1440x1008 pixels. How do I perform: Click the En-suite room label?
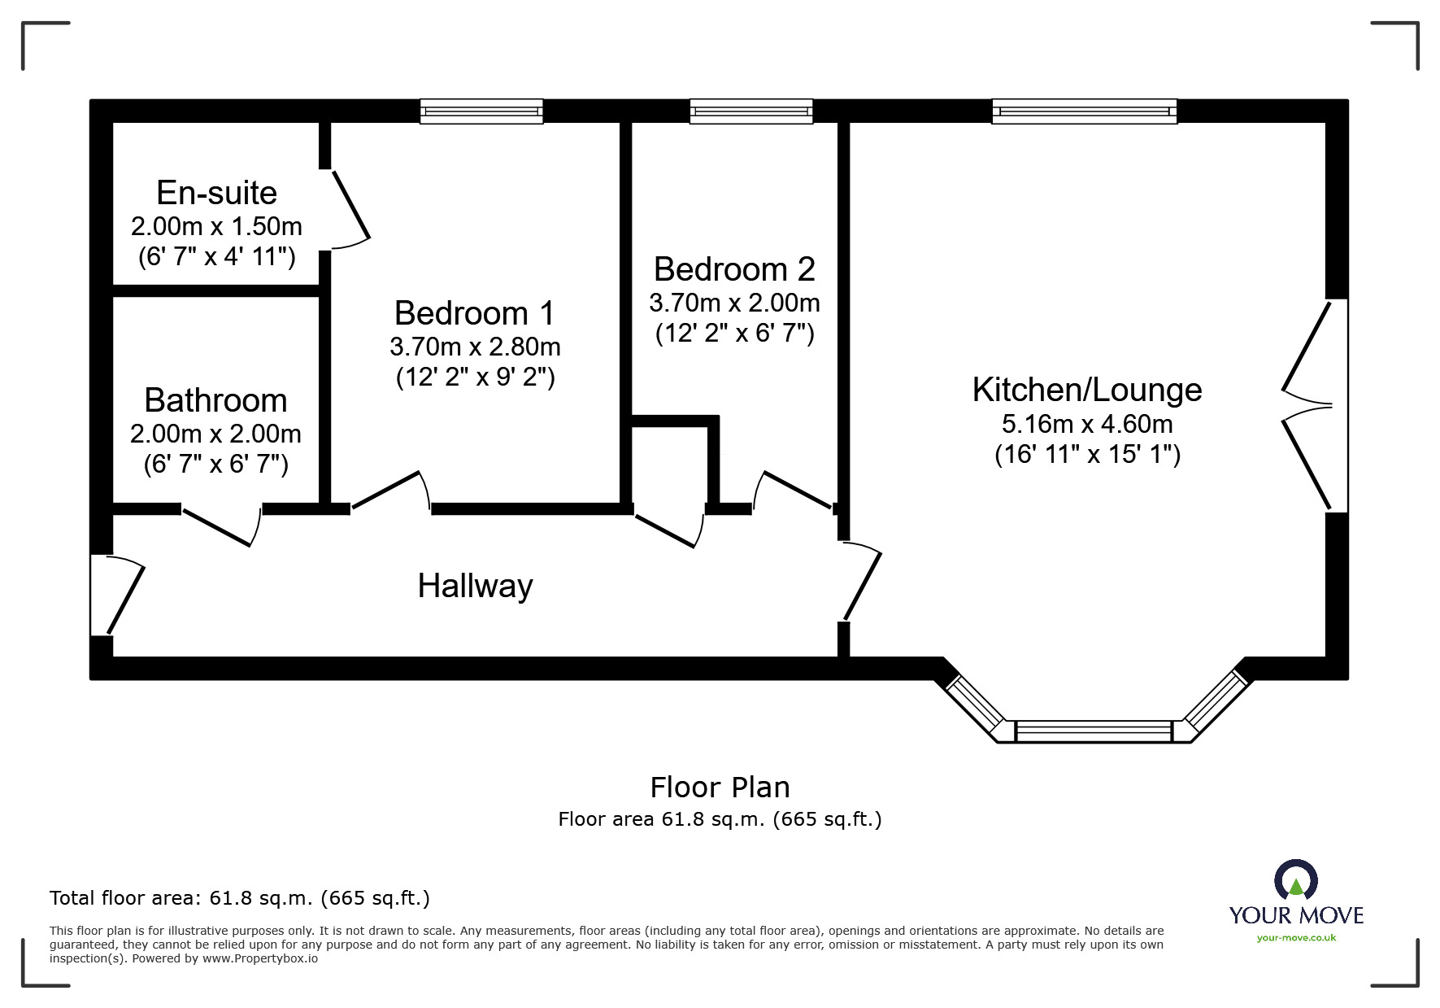click(216, 193)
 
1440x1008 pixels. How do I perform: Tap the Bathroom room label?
click(215, 400)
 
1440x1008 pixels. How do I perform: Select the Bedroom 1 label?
click(475, 313)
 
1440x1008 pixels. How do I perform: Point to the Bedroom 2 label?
click(734, 269)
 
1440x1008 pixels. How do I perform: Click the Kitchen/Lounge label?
click(1087, 390)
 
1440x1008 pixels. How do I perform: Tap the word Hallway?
click(476, 586)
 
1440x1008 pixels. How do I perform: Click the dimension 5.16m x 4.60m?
click(1087, 424)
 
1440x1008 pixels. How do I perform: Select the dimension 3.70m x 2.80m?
click(475, 347)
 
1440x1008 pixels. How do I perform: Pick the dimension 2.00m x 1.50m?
click(216, 226)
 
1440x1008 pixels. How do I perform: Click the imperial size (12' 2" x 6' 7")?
click(735, 334)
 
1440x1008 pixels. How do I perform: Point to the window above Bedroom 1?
click(481, 111)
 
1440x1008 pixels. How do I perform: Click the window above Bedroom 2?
click(751, 111)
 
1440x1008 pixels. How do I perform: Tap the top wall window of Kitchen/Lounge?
click(1085, 111)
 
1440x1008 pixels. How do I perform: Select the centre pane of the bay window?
click(1094, 731)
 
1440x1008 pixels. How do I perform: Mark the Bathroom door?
click(222, 526)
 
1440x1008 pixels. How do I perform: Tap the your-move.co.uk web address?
click(1296, 938)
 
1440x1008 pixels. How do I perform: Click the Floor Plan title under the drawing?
click(720, 788)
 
